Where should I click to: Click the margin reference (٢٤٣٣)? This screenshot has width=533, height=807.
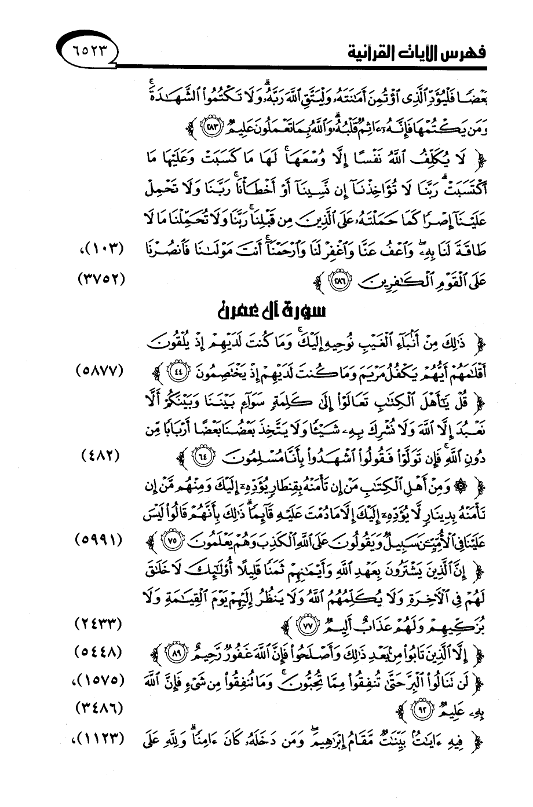[x=100, y=625]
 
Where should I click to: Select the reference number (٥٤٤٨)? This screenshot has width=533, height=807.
[x=100, y=652]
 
